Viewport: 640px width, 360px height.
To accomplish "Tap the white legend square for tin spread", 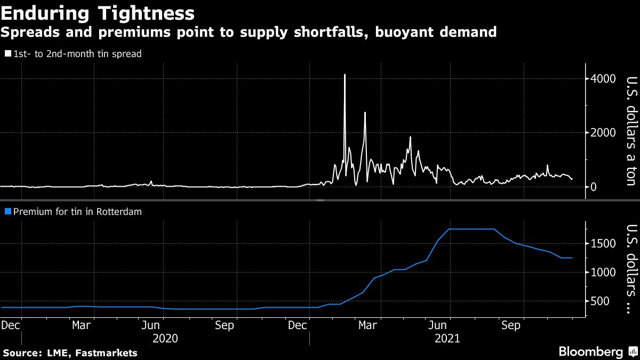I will (x=7, y=54).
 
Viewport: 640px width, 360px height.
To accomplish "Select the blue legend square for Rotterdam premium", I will (x=7, y=212).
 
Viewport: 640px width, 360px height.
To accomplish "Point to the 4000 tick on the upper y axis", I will (x=602, y=79).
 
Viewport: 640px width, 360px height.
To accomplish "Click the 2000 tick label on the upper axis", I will (x=602, y=133).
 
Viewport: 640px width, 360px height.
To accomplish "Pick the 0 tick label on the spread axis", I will (x=593, y=187).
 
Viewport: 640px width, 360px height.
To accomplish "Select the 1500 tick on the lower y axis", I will (x=601, y=244).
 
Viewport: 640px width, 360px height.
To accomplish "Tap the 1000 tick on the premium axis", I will (x=601, y=273).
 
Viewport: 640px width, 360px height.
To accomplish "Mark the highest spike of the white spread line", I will (x=345, y=75).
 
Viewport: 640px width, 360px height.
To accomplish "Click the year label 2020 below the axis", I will (x=164, y=338).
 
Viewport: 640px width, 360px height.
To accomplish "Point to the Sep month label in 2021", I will (x=511, y=325).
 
